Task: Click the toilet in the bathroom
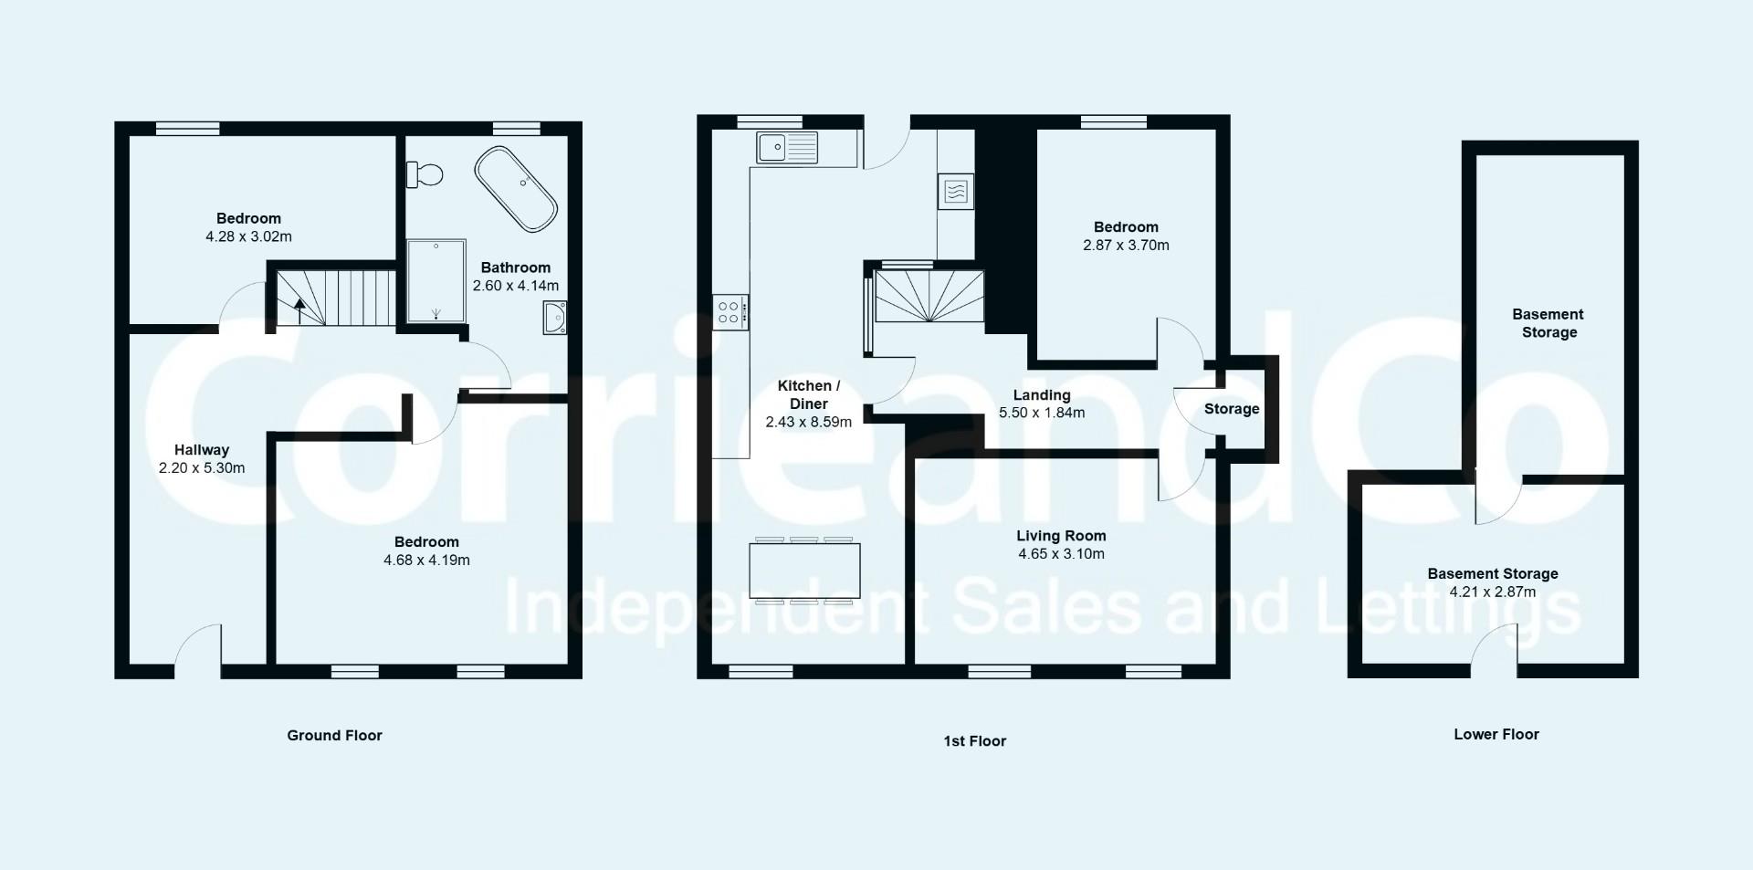point(425,173)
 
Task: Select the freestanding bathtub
point(515,188)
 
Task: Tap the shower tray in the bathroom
point(436,281)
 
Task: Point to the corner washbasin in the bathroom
point(555,317)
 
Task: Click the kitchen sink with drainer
point(787,147)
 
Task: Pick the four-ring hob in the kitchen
point(730,312)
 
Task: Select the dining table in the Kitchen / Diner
point(804,571)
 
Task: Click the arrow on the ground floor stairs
point(299,308)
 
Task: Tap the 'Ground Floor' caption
point(334,736)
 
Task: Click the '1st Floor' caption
point(974,741)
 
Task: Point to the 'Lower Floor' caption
point(1496,734)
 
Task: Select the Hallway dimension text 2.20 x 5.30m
point(202,468)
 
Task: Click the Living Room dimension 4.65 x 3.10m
point(1061,554)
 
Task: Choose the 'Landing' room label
point(1042,395)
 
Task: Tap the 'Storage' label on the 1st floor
point(1232,409)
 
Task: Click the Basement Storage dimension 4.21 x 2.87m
point(1493,592)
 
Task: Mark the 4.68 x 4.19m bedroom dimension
point(426,561)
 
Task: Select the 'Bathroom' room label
point(516,267)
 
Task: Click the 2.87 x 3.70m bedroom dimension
point(1126,246)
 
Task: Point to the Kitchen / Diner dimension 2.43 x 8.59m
point(808,422)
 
